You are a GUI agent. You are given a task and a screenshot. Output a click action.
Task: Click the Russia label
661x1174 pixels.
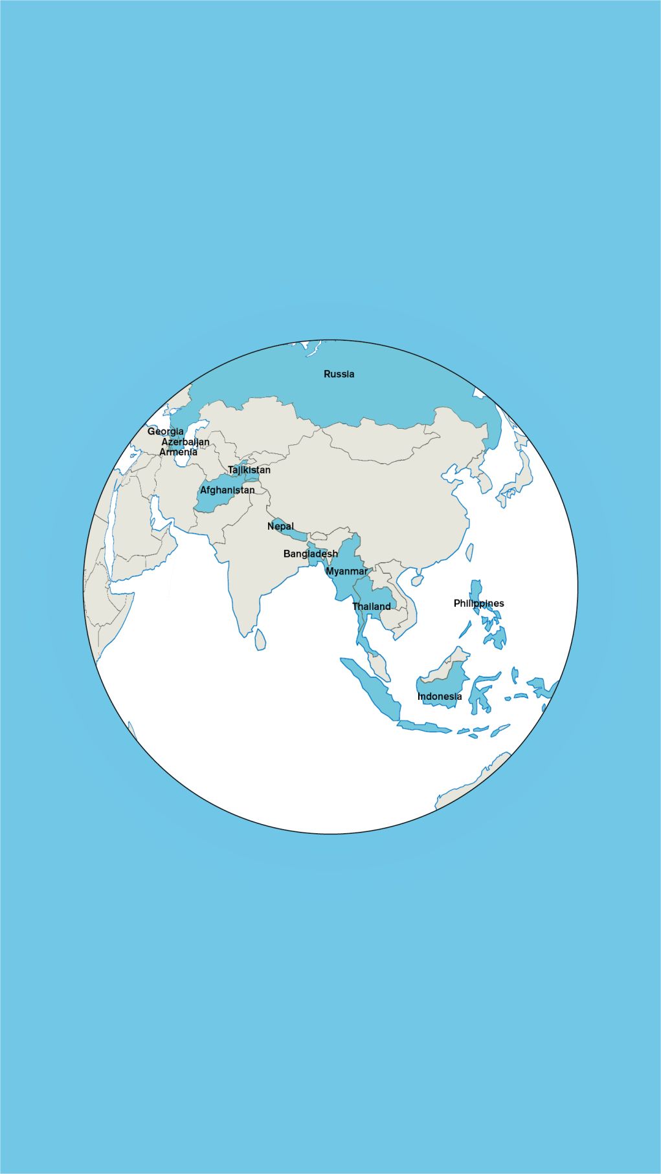click(x=339, y=374)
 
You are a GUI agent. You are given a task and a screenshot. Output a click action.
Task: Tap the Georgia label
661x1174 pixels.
click(x=165, y=431)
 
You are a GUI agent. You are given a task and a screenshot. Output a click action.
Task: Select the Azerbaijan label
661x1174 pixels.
click(x=185, y=442)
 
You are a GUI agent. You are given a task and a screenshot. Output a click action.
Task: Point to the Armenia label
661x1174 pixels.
click(x=178, y=452)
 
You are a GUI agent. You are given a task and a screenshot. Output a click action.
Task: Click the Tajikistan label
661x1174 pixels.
click(x=249, y=470)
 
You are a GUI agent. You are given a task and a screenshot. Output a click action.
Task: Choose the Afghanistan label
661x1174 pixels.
click(x=227, y=490)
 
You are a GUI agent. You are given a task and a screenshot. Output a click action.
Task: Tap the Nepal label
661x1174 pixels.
click(x=280, y=527)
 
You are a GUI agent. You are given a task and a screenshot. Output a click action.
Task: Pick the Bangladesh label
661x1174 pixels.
click(x=311, y=554)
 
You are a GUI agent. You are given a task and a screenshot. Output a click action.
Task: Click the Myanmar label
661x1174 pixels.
click(x=346, y=571)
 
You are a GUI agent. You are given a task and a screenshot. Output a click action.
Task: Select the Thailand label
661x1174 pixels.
click(x=372, y=606)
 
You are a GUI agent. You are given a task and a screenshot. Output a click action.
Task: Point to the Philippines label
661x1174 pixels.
click(x=478, y=603)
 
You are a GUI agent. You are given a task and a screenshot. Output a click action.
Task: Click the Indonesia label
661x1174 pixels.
click(x=440, y=696)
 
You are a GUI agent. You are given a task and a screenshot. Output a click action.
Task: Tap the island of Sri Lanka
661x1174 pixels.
click(x=260, y=639)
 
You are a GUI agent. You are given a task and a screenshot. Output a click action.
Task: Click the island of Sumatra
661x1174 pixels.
click(x=372, y=690)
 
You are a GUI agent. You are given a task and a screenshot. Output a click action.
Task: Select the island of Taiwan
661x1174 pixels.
click(x=469, y=552)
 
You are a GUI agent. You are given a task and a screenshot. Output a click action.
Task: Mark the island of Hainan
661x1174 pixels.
click(x=417, y=578)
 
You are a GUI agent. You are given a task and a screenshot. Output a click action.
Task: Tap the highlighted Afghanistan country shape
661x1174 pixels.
click(x=214, y=501)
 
